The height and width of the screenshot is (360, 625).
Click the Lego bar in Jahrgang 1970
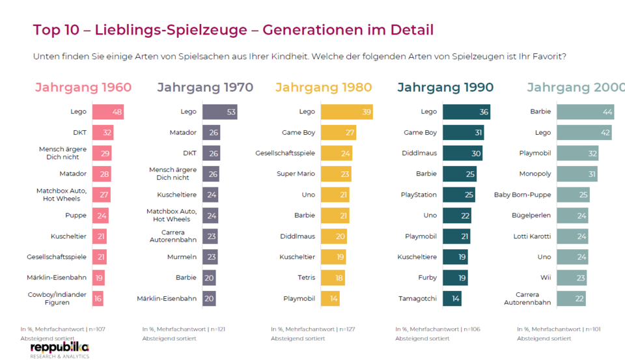point(219,112)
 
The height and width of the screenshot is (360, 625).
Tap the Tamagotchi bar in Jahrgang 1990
point(452,299)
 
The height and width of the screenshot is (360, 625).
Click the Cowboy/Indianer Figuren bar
point(97,299)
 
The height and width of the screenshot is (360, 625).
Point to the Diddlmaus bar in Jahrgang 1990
point(462,153)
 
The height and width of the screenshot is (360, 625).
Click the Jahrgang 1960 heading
point(83,87)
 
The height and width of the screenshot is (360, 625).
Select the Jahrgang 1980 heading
point(324,87)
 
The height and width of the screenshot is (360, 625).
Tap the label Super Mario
point(296,174)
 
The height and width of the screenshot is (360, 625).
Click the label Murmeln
point(182,257)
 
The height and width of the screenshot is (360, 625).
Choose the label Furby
point(427,278)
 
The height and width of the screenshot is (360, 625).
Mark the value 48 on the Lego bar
point(117,112)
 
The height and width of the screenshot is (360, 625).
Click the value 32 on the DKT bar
point(107,133)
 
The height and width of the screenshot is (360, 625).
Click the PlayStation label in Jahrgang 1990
point(419,195)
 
